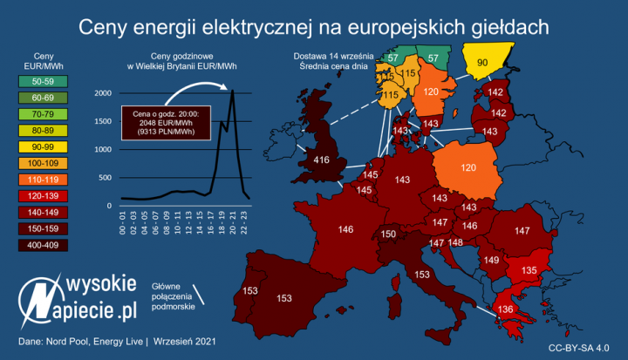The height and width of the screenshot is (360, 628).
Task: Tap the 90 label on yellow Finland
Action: tap(482, 63)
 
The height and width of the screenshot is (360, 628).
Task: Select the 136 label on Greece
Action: tap(481, 309)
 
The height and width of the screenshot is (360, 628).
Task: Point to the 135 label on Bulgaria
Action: tap(528, 271)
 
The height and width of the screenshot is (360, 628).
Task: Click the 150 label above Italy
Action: tap(389, 234)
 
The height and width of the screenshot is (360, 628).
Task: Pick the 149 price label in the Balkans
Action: tap(491, 261)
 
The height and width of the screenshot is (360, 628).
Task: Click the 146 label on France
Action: tap(345, 230)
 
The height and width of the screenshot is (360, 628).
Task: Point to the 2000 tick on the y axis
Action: tap(103, 93)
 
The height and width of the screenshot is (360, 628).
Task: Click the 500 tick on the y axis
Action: tap(106, 178)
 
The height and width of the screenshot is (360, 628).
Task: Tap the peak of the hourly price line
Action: tap(232, 91)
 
